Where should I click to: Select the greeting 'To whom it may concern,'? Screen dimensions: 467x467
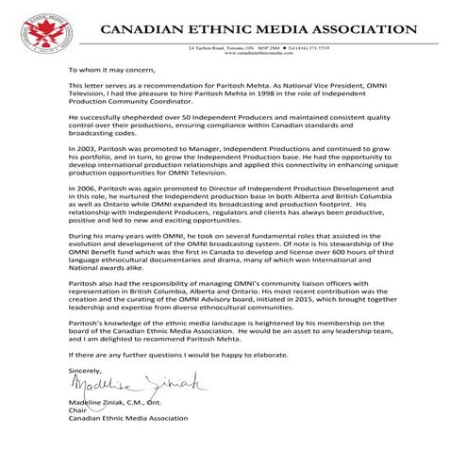(107, 70)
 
